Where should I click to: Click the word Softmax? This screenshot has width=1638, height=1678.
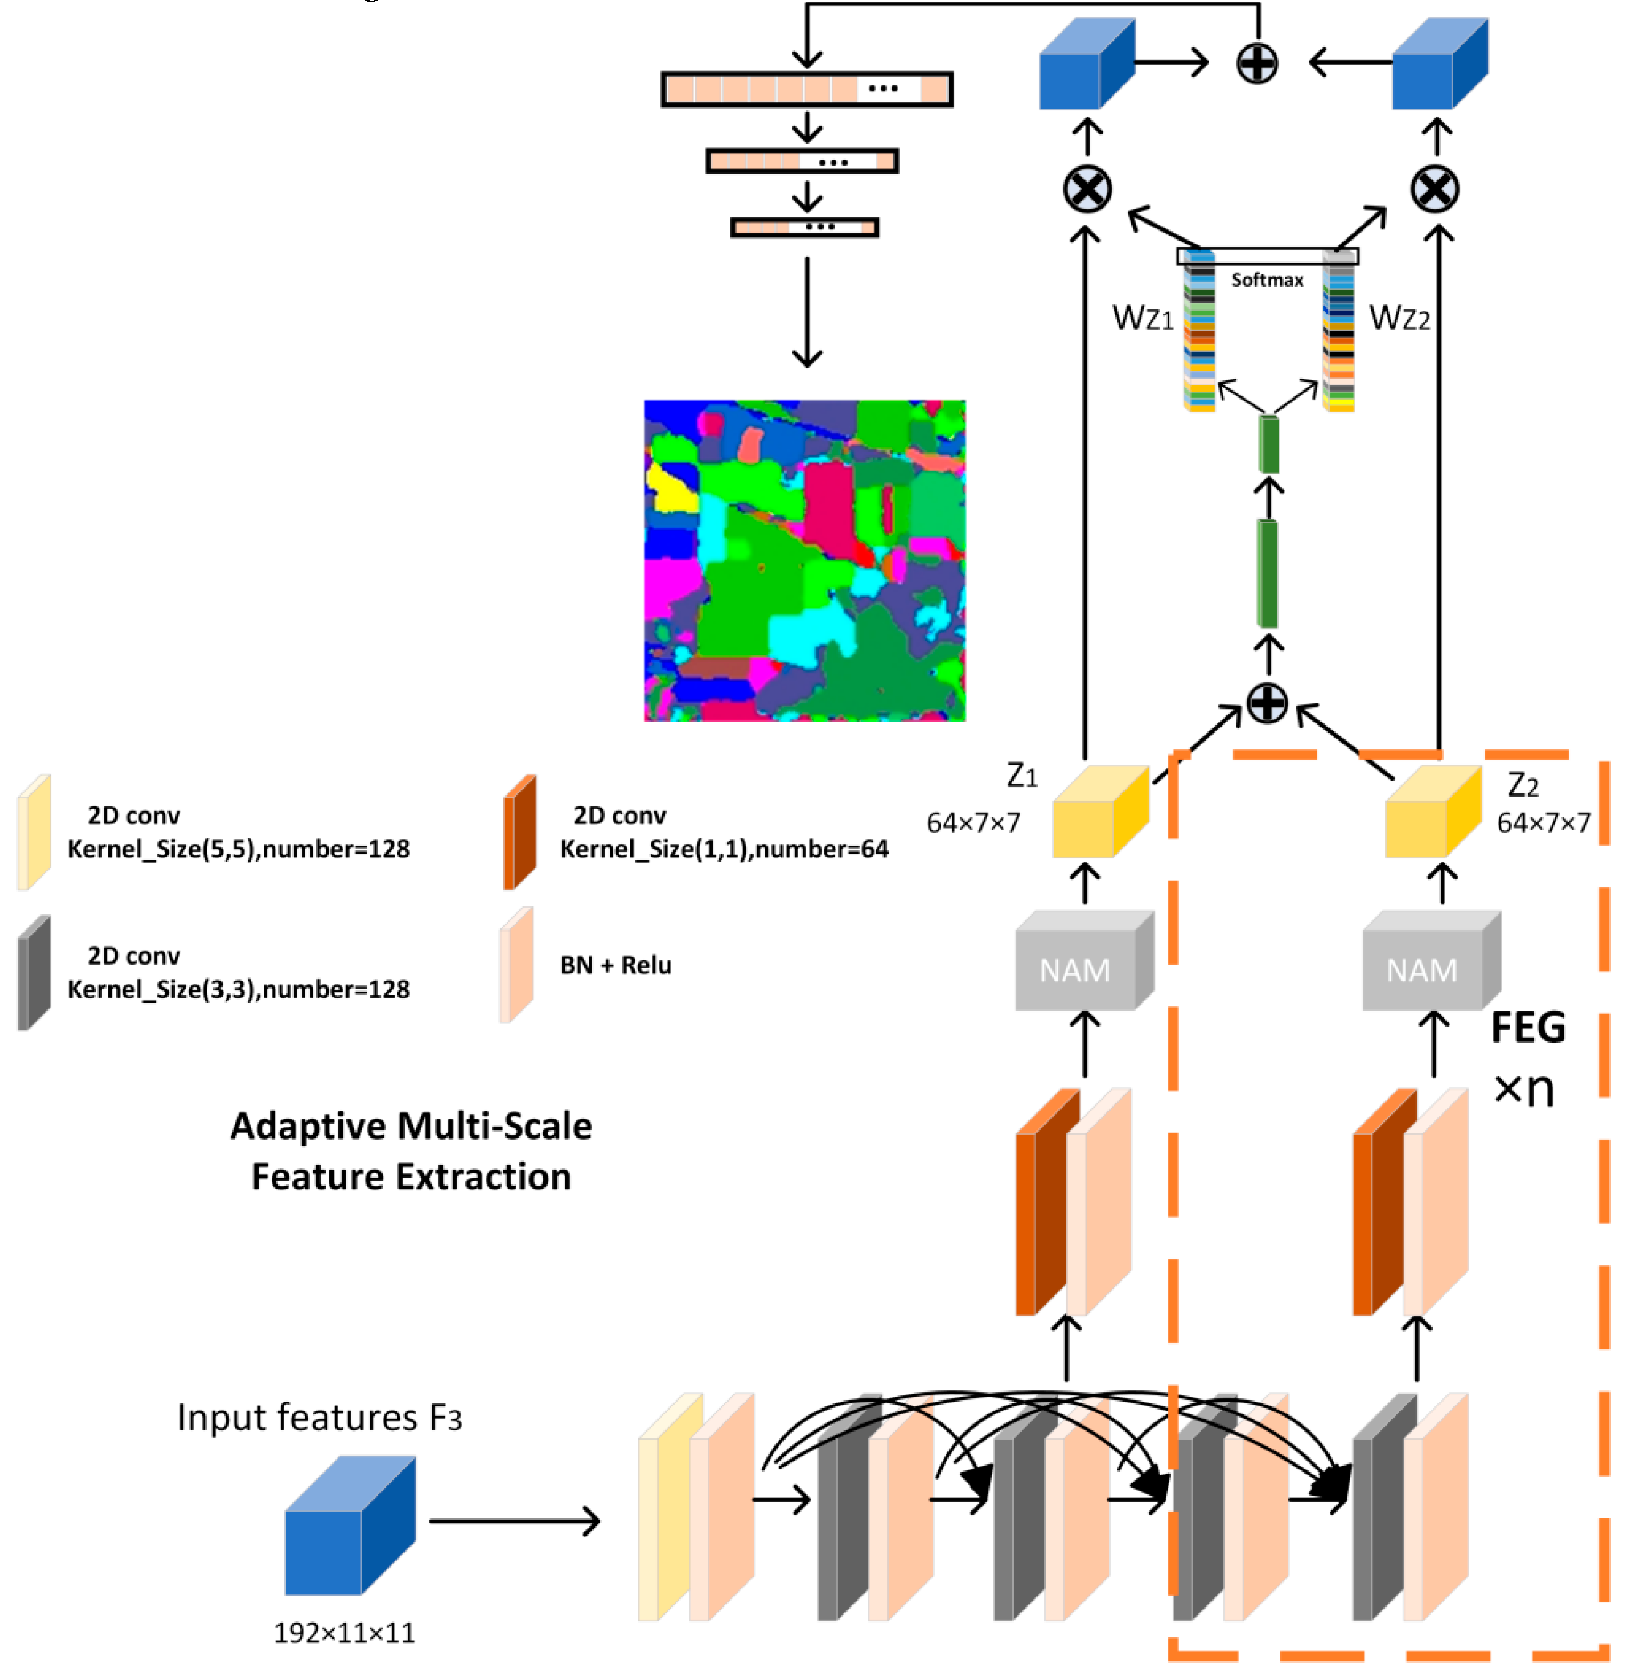[1267, 281]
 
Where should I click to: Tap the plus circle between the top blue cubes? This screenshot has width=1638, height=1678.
[1257, 63]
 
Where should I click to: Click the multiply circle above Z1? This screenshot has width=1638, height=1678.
[1087, 189]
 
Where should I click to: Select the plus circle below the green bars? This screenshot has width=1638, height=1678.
[1267, 704]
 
